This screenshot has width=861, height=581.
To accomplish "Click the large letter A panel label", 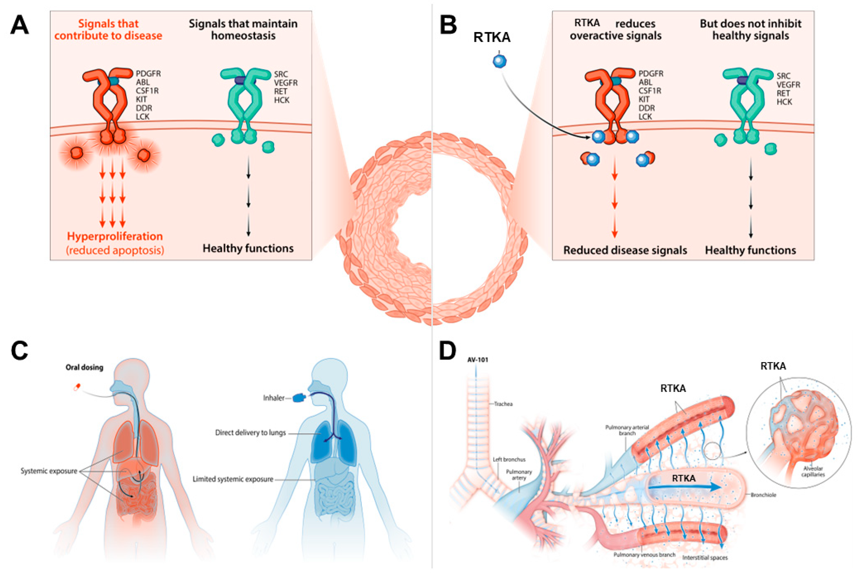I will [19, 25].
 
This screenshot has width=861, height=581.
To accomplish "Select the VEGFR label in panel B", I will [788, 84].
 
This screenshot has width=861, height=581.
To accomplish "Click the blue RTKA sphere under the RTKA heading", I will [500, 61].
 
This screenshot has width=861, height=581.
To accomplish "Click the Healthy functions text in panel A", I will [248, 248].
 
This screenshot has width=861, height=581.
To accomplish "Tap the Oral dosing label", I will [84, 367].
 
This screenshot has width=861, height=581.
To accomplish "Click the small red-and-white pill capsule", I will [77, 387].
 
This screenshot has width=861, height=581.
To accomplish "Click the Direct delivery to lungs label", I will [250, 432].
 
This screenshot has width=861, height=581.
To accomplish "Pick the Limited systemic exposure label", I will [233, 479].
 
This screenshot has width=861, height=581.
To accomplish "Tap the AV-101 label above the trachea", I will [478, 359].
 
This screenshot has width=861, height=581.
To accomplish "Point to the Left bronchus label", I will [509, 460].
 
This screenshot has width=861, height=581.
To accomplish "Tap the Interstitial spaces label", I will [705, 558].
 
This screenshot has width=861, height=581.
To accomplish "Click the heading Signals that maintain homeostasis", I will [243, 30].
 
